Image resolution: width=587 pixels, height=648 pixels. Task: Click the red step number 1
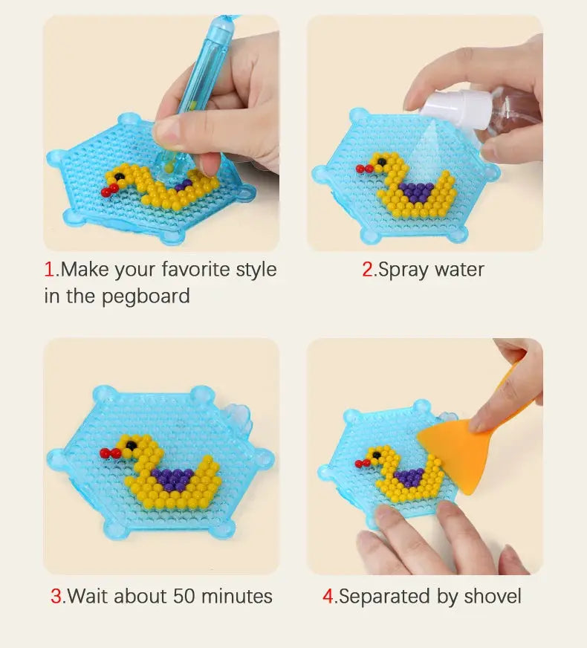tap(49, 269)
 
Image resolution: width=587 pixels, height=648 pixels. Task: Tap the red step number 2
tap(368, 269)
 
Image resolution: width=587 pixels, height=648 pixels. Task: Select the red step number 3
tap(56, 596)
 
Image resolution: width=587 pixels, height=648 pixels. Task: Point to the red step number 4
tap(328, 596)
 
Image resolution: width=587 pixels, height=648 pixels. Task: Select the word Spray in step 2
tap(402, 269)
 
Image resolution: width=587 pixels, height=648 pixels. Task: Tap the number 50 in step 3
tap(186, 596)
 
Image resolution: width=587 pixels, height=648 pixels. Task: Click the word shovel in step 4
tap(493, 596)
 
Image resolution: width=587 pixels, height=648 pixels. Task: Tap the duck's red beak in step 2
tap(363, 169)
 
